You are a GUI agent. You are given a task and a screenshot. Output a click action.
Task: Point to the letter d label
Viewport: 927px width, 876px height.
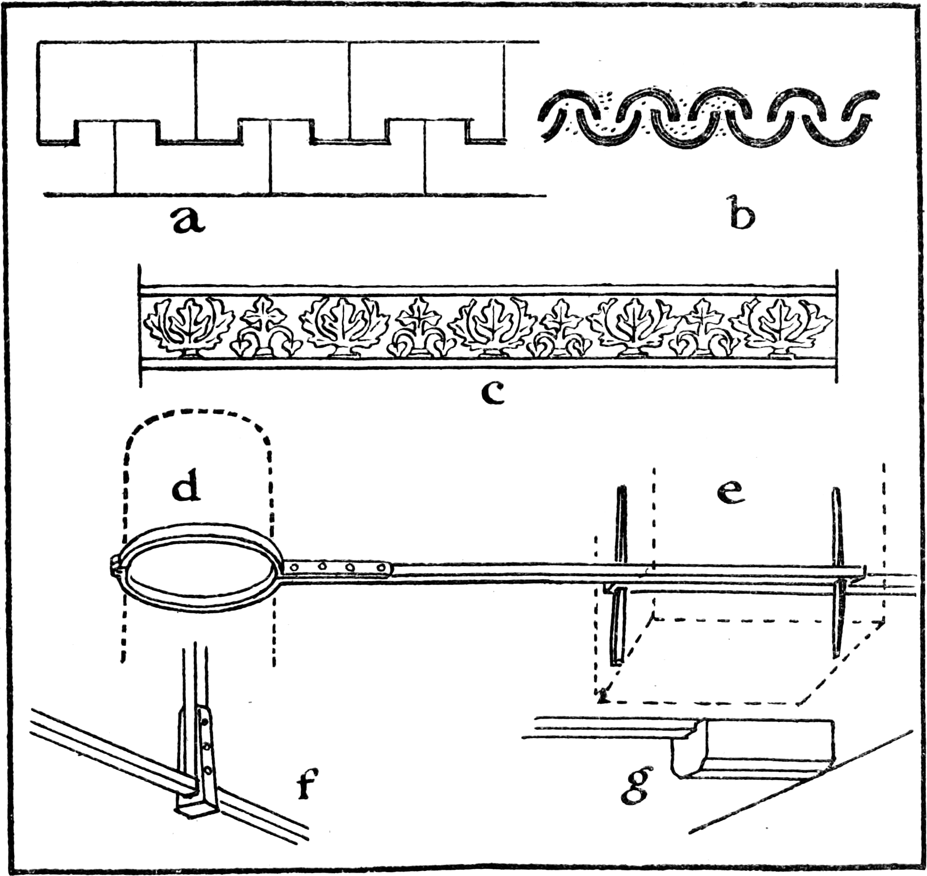click(187, 488)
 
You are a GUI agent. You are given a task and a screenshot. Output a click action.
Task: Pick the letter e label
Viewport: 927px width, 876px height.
click(730, 492)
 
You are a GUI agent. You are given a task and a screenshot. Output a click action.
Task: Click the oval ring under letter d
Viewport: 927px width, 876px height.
click(199, 570)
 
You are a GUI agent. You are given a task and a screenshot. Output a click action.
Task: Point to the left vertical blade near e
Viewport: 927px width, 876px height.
click(620, 574)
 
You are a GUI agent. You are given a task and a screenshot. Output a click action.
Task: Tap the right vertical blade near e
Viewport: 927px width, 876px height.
click(837, 571)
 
